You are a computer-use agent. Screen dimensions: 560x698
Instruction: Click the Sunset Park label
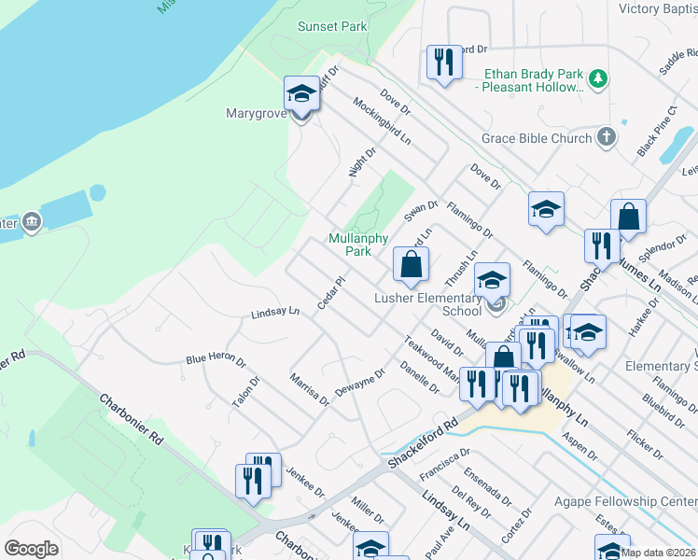click(332, 26)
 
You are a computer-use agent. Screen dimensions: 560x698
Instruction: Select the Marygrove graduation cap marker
click(301, 95)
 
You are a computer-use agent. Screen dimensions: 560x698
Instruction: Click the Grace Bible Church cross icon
click(606, 138)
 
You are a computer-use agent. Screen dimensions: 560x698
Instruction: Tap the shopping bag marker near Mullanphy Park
click(411, 266)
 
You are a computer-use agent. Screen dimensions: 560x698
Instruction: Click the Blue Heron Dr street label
click(216, 358)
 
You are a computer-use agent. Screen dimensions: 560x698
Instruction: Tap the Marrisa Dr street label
click(309, 390)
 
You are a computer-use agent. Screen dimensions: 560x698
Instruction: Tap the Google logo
click(31, 549)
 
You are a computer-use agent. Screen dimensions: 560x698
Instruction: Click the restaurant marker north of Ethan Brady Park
click(443, 63)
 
